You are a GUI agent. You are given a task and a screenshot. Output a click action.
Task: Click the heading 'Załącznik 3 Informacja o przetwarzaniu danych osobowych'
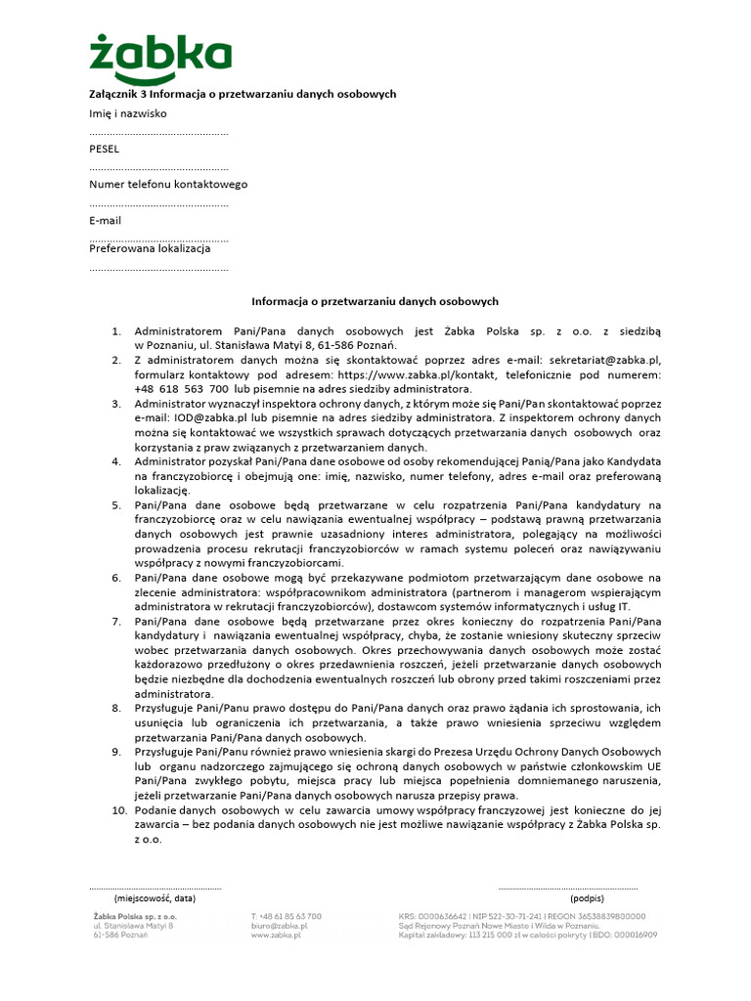243,94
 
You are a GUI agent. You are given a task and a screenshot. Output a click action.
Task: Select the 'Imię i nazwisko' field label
128,113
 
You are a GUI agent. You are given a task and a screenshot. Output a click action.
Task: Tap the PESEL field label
105,150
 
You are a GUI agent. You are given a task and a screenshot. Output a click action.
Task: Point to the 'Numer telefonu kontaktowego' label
168,184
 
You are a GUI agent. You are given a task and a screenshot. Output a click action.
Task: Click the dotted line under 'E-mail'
158,240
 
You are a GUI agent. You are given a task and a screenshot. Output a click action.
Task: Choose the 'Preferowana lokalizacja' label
150,248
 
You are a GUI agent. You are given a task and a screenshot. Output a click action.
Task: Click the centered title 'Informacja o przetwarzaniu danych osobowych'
375,302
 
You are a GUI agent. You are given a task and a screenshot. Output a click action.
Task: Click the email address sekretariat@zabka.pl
605,360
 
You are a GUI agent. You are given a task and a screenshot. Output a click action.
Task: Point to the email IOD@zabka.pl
212,417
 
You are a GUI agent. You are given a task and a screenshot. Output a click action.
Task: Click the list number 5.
116,504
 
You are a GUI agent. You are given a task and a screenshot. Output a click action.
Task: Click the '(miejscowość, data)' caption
155,897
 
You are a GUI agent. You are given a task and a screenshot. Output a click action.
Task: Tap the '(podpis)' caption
587,897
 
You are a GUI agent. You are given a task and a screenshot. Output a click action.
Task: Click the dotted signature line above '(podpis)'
567,889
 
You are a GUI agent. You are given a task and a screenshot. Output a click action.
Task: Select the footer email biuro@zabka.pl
280,925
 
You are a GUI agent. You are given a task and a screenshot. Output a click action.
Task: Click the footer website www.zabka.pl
275,935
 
